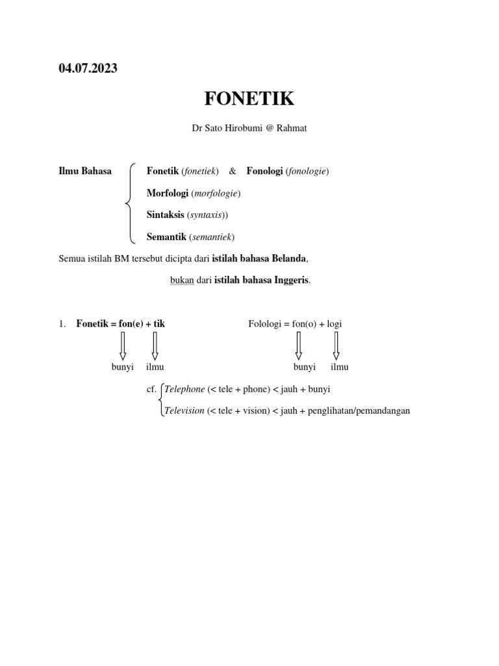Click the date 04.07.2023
coord(88,68)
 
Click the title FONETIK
coord(249,100)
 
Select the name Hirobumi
coord(240,129)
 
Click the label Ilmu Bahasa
coord(85,172)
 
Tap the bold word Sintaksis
coord(166,215)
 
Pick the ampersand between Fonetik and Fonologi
coord(233,172)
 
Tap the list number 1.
coord(62,324)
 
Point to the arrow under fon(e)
coord(123,346)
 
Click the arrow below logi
coord(336,346)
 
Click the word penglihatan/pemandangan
coord(364,412)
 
